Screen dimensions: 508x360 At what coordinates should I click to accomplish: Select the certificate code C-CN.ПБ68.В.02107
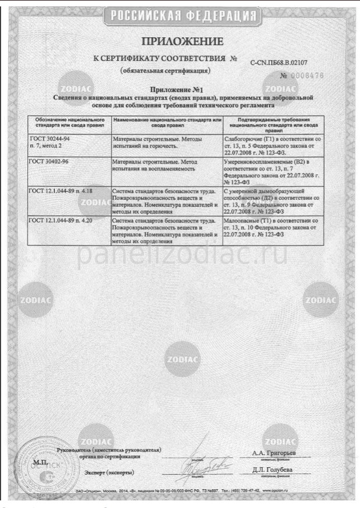click(287, 62)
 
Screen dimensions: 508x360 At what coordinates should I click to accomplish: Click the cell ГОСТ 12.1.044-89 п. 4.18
click(61, 190)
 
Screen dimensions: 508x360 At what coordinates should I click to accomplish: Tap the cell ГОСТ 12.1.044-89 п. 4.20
click(61, 223)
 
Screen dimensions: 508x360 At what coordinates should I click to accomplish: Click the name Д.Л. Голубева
click(273, 470)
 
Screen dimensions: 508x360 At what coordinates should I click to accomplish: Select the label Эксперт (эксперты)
click(111, 472)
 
